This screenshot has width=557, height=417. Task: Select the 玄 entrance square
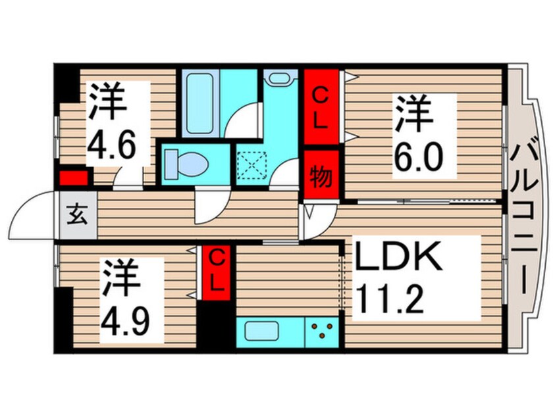point(77,215)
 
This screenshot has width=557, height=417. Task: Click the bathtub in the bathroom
point(199,105)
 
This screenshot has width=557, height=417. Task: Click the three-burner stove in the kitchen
point(321,330)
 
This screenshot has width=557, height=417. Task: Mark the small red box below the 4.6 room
point(73,177)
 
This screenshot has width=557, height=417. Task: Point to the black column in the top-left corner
point(66,82)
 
